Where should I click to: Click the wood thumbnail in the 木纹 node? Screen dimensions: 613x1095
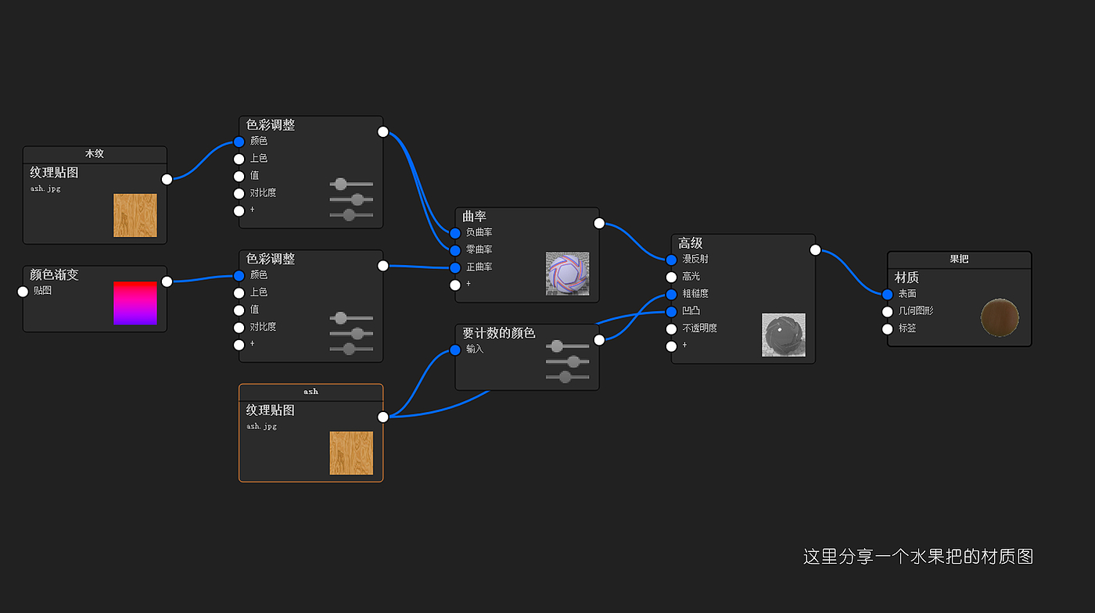pos(135,215)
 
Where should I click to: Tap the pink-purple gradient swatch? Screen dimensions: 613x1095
pos(135,303)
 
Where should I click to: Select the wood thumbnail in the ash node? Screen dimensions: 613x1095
pos(351,453)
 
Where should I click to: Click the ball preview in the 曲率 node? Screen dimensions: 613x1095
pos(567,273)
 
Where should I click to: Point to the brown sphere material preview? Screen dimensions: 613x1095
pos(1000,319)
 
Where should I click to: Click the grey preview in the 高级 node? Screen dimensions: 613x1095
pos(783,335)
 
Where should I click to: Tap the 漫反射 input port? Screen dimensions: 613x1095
pos(671,260)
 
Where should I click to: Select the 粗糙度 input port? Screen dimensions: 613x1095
pos(671,294)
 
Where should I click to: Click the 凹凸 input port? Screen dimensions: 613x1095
pos(671,311)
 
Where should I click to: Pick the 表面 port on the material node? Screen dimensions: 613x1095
pos(887,294)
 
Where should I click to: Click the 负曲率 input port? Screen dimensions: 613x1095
pos(455,233)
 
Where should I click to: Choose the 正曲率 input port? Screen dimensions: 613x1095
pos(455,267)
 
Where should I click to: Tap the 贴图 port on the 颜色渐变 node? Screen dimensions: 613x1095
pos(23,292)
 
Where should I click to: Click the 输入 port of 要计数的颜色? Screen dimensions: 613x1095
pos(455,350)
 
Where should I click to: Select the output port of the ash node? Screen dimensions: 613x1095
pos(383,417)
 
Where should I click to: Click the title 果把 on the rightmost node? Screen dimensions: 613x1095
pos(959,259)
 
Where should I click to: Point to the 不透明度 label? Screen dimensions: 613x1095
pos(699,328)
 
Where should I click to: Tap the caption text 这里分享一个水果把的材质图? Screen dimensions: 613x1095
pos(917,557)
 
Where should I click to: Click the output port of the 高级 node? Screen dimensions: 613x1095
pos(815,250)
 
